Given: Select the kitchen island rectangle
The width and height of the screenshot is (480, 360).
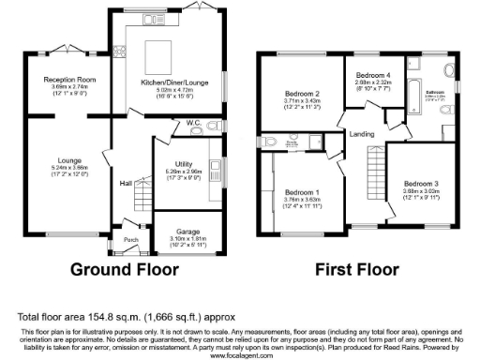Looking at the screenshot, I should coord(157,50).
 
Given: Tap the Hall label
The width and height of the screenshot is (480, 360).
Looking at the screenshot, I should coord(125,183).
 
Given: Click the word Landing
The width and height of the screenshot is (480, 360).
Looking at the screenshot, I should coord(362,134).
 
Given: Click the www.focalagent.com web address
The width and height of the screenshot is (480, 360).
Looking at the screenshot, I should coord(240,355).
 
